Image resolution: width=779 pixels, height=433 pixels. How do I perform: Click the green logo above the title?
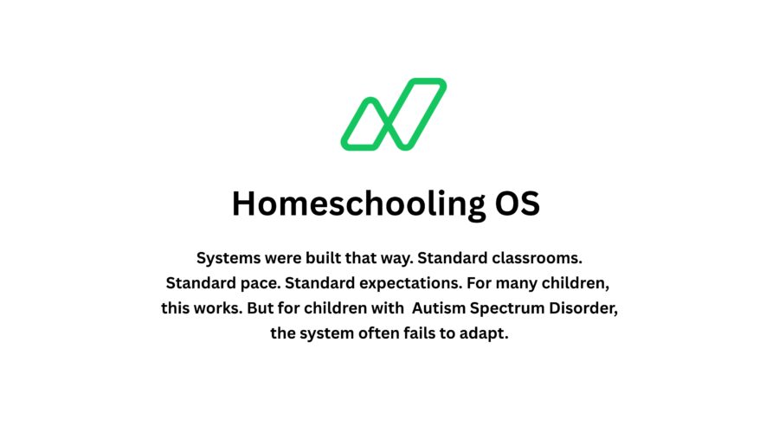[393, 113]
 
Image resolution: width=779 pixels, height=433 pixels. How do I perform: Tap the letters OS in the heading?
[516, 204]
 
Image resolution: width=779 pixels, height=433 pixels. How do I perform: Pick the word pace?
[254, 283]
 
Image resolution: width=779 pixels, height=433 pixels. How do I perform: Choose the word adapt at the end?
[486, 334]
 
